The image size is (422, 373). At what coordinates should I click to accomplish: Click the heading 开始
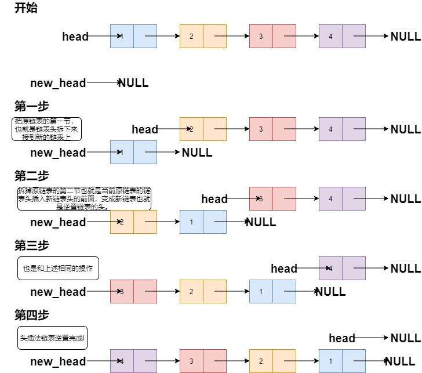[x=26, y=9]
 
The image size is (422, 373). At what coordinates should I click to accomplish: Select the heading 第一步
[x=32, y=106]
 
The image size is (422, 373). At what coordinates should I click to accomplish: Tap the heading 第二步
[x=32, y=176]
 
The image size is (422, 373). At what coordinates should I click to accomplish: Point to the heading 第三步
[x=32, y=245]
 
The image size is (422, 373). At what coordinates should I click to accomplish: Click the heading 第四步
[x=32, y=315]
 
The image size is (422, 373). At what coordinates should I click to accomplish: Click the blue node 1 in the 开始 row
[x=133, y=36]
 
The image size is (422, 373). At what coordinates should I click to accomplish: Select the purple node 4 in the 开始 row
[x=342, y=36]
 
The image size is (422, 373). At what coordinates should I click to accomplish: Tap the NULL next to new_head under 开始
[x=133, y=83]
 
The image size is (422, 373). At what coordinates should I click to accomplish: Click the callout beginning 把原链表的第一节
[x=47, y=129]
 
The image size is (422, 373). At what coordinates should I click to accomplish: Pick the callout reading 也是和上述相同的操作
[x=58, y=269]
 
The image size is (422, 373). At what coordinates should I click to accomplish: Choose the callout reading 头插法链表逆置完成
[x=52, y=338]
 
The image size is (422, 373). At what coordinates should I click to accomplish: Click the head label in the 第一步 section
[x=145, y=129]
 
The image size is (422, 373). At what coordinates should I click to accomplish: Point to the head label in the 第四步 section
[x=342, y=338]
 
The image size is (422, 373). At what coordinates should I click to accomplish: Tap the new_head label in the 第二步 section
[x=58, y=222]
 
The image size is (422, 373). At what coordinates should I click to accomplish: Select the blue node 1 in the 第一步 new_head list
[x=133, y=152]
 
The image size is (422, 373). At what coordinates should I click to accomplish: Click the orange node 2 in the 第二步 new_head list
[x=133, y=222]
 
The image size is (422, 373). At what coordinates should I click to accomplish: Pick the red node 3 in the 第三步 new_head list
[x=133, y=291]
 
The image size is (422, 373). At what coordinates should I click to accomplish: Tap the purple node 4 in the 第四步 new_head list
[x=133, y=361]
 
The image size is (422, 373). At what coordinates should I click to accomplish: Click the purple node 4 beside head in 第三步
[x=342, y=268]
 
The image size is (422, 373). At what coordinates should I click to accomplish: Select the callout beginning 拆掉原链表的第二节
[x=85, y=198]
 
